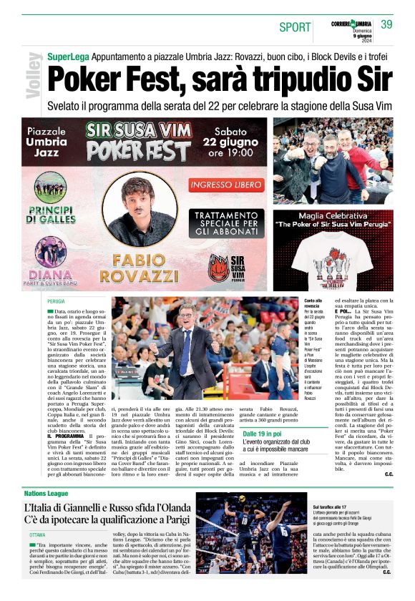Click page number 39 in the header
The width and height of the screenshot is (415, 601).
click(x=386, y=24)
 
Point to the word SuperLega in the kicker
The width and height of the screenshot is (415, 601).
click(x=67, y=56)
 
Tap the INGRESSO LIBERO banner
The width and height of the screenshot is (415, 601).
click(x=227, y=185)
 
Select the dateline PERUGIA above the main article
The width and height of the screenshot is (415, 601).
click(x=57, y=303)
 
